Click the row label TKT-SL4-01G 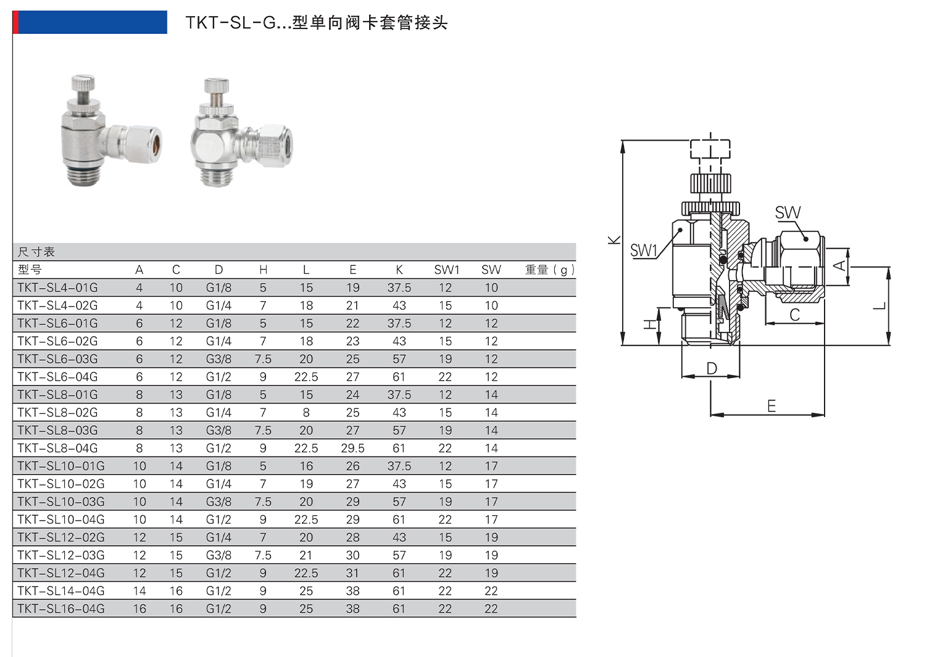57,288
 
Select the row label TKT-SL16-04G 61,609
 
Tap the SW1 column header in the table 446,270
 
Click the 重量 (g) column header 549,270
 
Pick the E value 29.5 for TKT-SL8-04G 352,448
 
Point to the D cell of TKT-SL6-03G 218,359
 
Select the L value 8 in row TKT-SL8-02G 306,413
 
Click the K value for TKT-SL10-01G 399,466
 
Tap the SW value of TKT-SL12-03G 491,555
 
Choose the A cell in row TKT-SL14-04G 139,591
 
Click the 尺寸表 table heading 36,252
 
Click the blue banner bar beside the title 91,22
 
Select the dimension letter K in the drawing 614,240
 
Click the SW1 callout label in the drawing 643,250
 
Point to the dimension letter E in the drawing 771,406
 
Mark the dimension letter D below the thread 712,368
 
